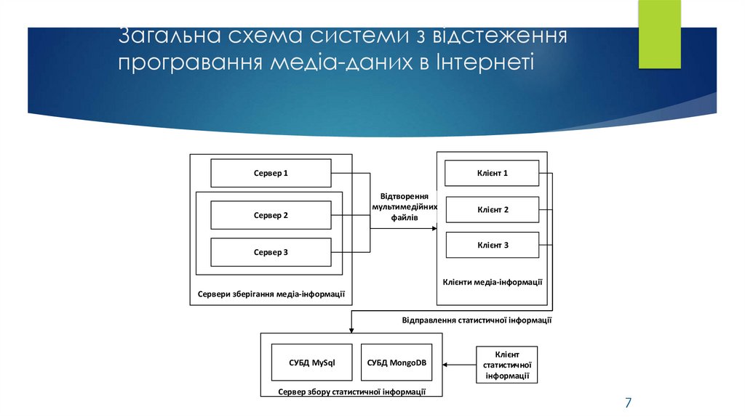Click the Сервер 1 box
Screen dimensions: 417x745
tap(271, 173)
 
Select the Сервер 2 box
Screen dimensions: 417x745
tap(271, 215)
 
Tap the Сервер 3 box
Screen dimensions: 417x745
tap(271, 252)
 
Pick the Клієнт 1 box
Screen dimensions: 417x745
tap(492, 173)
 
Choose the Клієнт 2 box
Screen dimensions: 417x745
tap(492, 209)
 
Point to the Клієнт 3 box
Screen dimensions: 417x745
tap(492, 245)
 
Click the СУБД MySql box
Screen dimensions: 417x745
tap(311, 362)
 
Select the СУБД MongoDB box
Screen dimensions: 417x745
tap(396, 362)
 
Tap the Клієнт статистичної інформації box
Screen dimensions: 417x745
tap(506, 364)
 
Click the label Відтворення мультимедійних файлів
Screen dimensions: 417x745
tap(405, 206)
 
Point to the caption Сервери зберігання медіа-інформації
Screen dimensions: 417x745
tap(271, 294)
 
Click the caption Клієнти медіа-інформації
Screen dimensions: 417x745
tap(493, 281)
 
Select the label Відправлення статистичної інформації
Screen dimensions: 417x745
tap(477, 320)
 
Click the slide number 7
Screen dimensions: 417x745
tap(628, 402)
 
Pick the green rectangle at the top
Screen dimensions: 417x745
tap(659, 33)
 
